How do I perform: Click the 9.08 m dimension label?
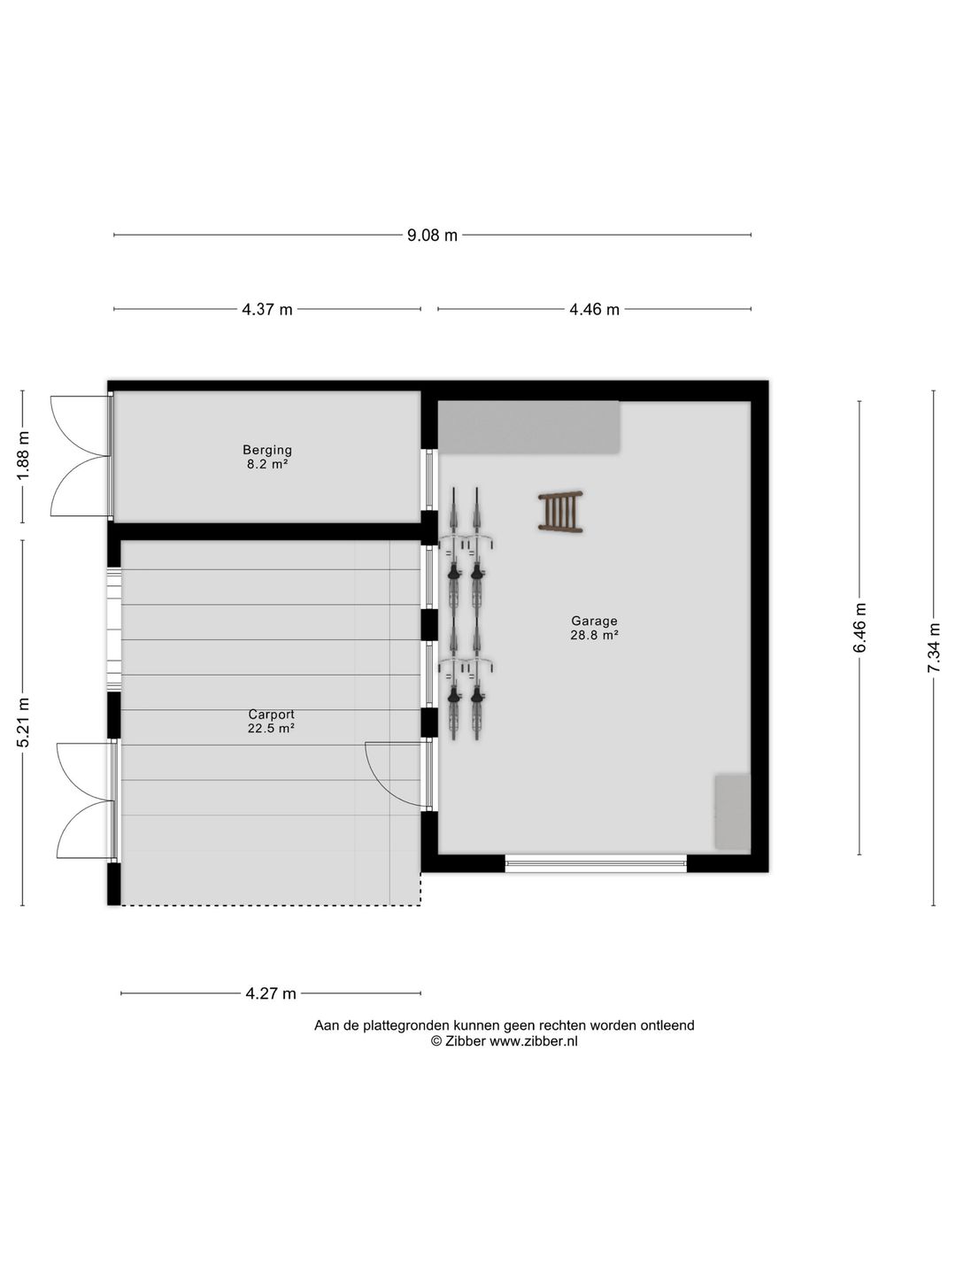432,236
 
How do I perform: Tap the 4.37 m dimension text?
267,310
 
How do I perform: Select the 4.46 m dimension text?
594,310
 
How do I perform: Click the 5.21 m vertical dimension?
24,722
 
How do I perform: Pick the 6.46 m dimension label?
860,628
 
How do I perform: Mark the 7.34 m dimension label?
934,647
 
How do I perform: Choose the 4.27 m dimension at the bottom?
271,993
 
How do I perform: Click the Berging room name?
267,450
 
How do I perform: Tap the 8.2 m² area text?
267,464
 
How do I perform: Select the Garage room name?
594,621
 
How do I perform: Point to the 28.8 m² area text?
594,635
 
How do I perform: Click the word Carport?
271,715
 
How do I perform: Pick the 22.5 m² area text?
271,729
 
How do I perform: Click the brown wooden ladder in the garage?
560,512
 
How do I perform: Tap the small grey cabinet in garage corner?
732,812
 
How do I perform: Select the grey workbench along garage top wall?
529,427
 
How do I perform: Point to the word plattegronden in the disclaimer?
406,1025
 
